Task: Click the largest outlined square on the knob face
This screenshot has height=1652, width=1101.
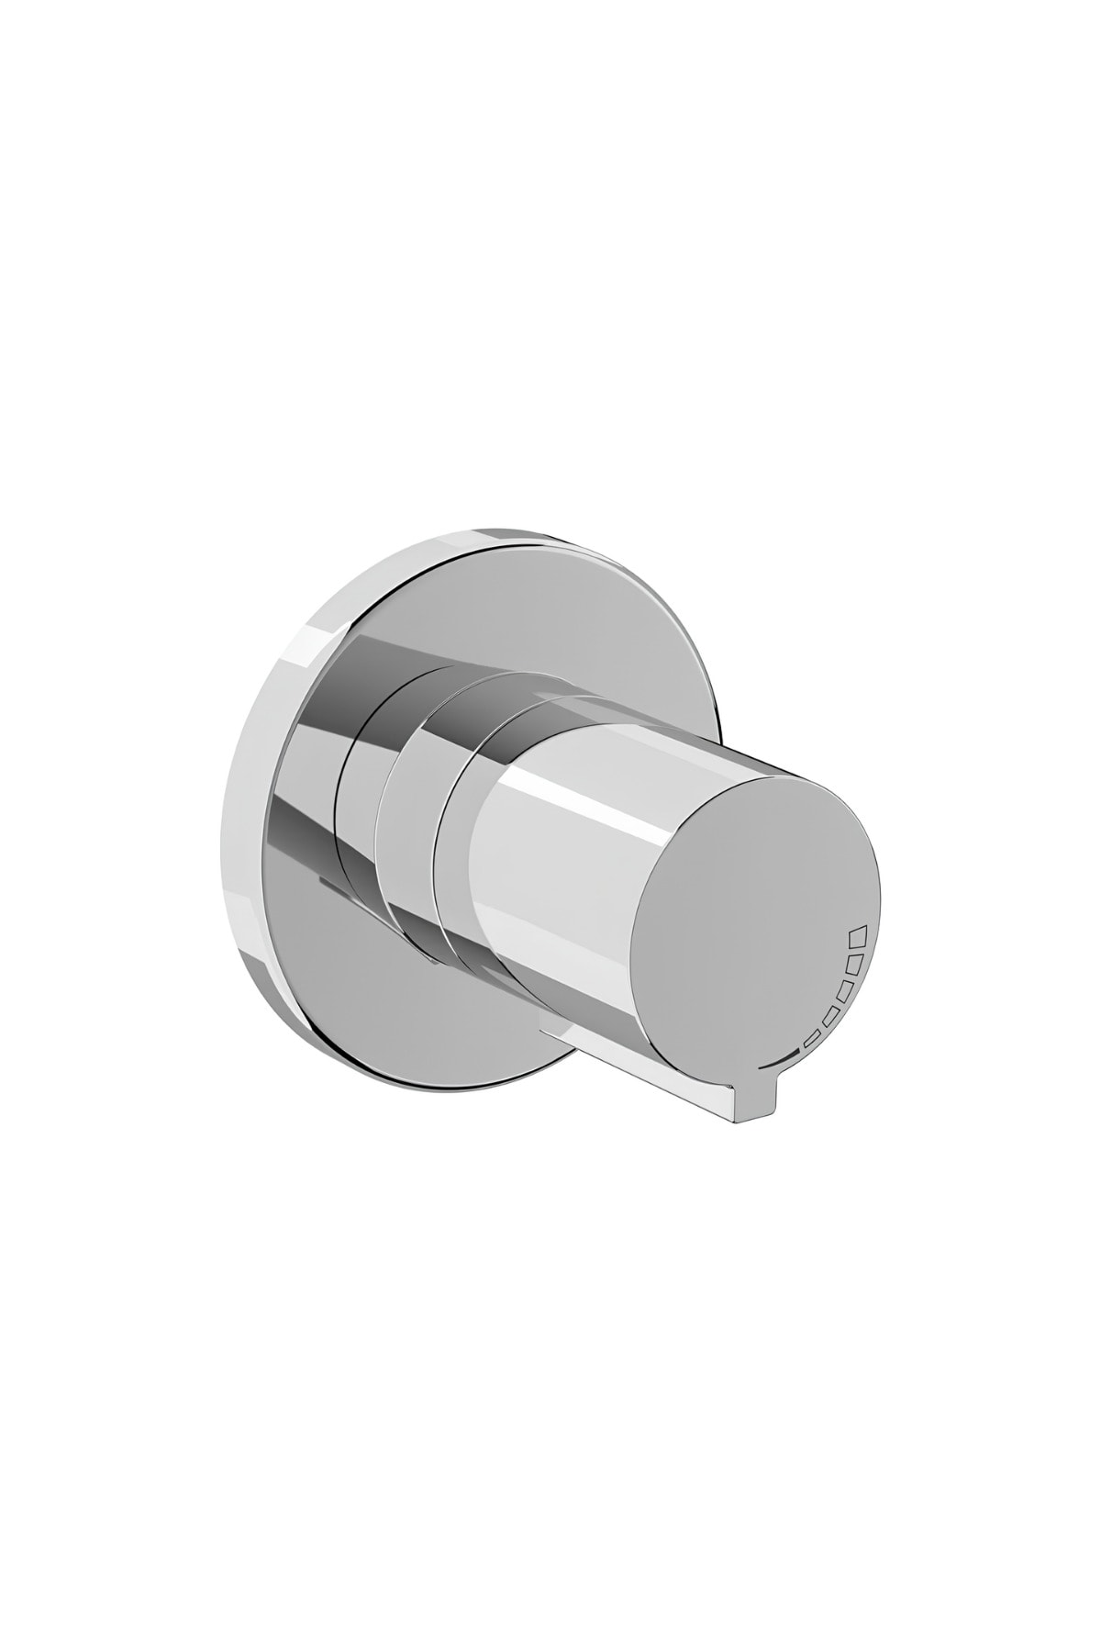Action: click(x=857, y=936)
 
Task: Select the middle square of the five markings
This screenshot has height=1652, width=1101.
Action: click(x=844, y=992)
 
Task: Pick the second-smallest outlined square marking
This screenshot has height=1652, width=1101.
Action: click(x=830, y=1018)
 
